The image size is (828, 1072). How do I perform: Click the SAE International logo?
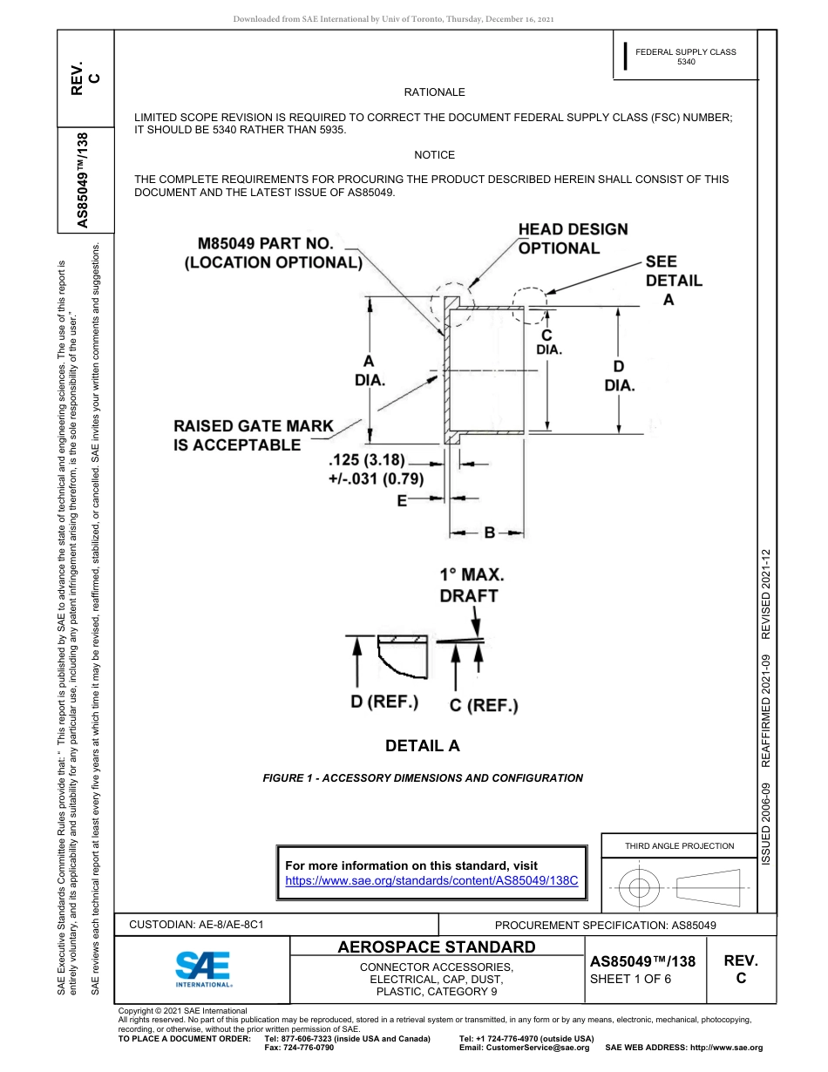click(203, 967)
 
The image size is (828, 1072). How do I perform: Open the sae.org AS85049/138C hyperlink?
click(431, 880)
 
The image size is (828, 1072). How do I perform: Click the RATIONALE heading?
click(434, 92)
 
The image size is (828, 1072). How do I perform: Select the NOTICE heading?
click(434, 155)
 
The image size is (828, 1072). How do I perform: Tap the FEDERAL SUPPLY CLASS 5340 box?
click(685, 58)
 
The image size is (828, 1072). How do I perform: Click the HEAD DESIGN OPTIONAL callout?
click(573, 239)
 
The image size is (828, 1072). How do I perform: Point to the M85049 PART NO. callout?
click(272, 253)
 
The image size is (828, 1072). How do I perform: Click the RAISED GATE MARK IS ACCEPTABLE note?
click(254, 436)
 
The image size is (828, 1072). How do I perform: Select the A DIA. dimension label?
click(370, 370)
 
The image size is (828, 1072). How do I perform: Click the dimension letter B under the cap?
click(490, 533)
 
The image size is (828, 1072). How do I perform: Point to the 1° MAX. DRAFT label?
click(471, 586)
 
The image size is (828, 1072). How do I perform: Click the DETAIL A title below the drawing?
click(422, 746)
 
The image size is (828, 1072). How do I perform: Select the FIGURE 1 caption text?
click(423, 778)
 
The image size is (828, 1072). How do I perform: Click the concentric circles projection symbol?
click(640, 888)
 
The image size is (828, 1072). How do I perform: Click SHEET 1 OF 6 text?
click(630, 978)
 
